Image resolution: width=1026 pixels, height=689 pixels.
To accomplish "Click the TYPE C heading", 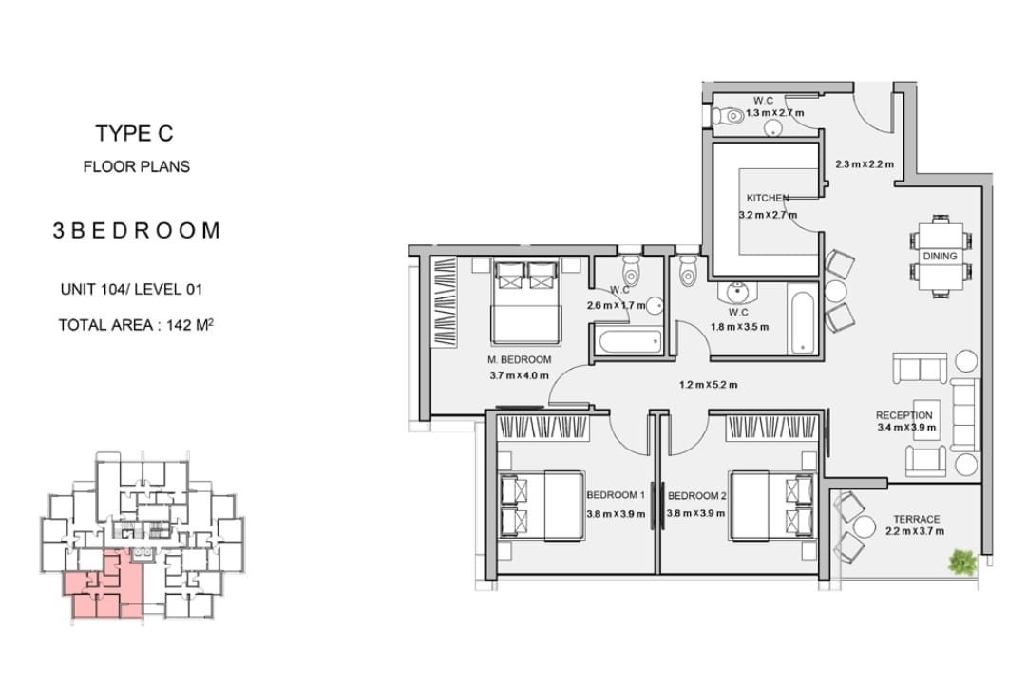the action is tap(134, 133).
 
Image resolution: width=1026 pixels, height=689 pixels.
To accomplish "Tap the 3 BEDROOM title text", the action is tap(136, 230).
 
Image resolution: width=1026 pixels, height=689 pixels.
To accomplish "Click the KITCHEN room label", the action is tap(767, 198).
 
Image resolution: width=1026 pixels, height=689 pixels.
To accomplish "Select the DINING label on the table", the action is tap(940, 256).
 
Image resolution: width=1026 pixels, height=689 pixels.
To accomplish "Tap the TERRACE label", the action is tap(916, 519).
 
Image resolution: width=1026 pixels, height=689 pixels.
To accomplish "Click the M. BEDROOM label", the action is tap(519, 359).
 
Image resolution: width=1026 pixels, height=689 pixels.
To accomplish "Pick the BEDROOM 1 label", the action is tap(615, 495).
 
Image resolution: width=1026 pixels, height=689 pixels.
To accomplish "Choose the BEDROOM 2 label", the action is tap(696, 495).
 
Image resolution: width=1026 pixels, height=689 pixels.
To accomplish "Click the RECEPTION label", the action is tap(903, 415).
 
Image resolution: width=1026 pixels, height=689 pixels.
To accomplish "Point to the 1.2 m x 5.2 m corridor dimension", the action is tap(708, 385).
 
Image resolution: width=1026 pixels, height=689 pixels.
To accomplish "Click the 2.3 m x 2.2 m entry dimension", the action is tap(864, 164).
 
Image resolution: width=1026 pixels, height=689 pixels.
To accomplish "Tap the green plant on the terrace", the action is tap(961, 562).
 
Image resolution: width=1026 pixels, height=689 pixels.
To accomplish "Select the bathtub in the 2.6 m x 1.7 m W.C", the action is tap(629, 341).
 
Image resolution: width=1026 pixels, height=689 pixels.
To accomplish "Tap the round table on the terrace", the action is tap(864, 527).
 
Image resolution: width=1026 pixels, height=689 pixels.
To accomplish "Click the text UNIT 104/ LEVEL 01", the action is tap(131, 289).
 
